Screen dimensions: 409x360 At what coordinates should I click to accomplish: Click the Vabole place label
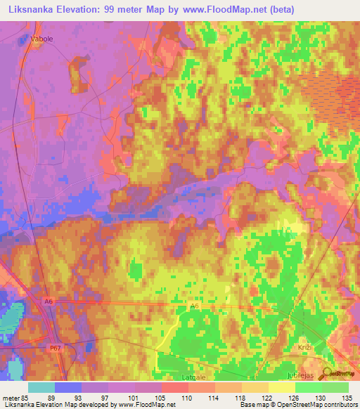pos(41,39)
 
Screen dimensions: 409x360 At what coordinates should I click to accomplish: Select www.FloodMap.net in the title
pos(210,9)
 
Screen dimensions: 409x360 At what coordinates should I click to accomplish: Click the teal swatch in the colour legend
pos(41,387)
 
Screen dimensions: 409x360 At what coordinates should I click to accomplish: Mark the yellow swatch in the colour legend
pos(281,387)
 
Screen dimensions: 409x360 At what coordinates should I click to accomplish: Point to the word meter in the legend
pos(11,398)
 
